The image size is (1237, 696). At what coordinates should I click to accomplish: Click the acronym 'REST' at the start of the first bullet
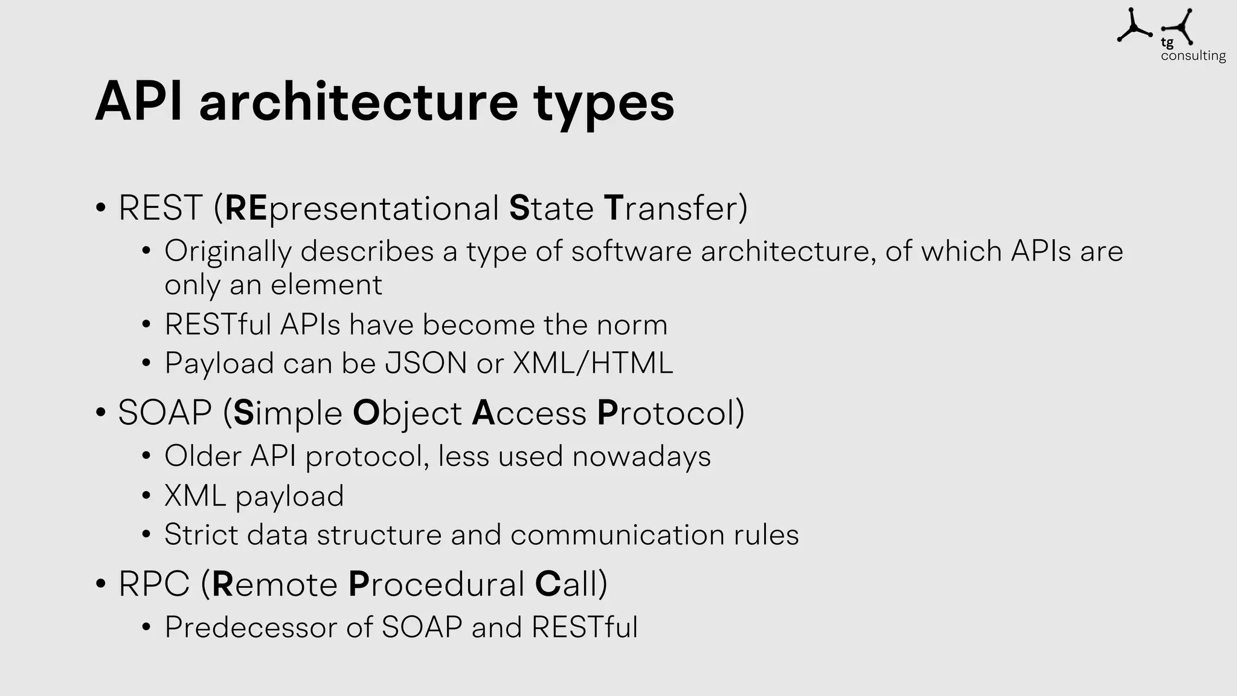click(x=160, y=208)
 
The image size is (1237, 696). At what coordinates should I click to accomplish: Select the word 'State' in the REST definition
click(x=551, y=208)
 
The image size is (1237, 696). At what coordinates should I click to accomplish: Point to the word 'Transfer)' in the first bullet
click(x=675, y=208)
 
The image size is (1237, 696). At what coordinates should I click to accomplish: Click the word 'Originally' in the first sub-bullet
click(x=227, y=251)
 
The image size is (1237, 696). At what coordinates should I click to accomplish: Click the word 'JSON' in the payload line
click(x=426, y=363)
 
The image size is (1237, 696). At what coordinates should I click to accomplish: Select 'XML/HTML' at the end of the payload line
click(x=593, y=363)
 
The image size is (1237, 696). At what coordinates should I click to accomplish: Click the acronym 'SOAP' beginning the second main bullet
click(x=165, y=413)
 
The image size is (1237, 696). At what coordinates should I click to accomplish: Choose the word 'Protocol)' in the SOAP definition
click(x=670, y=413)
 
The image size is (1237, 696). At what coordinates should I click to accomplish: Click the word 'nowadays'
click(x=641, y=456)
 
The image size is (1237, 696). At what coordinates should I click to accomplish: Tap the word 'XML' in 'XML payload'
click(x=194, y=496)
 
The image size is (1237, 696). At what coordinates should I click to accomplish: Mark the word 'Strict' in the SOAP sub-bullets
click(x=201, y=535)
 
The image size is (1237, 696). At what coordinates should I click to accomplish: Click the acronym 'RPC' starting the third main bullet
click(x=154, y=584)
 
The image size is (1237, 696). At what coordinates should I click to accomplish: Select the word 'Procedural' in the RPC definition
click(x=436, y=584)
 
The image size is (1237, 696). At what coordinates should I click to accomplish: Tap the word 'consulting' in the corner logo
click(x=1193, y=56)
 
